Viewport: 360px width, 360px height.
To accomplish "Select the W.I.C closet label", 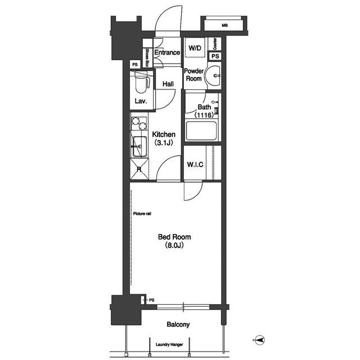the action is pos(195,164).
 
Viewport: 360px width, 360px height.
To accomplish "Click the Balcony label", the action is pos(178,325).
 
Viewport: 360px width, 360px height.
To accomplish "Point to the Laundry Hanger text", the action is pos(169,344).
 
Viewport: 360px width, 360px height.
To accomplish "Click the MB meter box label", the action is pos(225,25).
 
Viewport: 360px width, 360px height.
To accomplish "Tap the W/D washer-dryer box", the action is pos(195,47).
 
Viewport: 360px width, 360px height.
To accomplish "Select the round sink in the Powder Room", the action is pos(213,75).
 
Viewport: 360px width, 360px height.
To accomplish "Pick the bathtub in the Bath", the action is pos(201,131).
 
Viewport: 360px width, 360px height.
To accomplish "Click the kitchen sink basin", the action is pos(139,146).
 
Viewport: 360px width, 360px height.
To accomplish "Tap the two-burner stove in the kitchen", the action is pos(139,124).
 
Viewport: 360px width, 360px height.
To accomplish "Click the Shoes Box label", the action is pos(147,57).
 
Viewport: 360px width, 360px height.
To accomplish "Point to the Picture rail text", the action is pos(142,214).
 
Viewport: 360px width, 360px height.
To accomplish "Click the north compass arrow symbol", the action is pos(260,340).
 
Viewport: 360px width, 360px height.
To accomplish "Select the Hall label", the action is pos(168,84).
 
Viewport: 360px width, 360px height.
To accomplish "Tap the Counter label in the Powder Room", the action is pos(215,44).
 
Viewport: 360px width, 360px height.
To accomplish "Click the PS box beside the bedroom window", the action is pos(142,300).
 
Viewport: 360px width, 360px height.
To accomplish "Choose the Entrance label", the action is pos(167,52).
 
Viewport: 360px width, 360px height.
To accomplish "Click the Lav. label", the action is pos(141,101).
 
